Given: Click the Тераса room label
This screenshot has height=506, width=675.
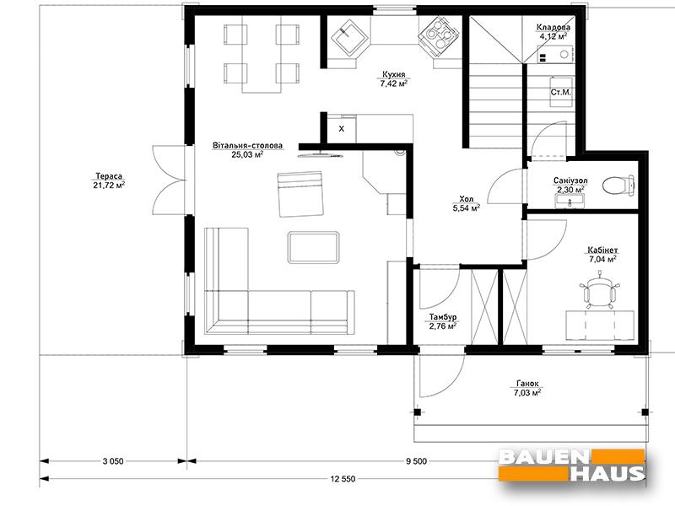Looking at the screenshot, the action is pyautogui.click(x=109, y=176).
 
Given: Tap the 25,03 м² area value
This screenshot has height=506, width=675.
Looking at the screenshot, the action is pyautogui.click(x=247, y=154).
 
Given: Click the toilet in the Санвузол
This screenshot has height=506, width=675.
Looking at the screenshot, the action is pyautogui.click(x=618, y=186).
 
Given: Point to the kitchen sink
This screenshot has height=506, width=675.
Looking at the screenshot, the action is pyautogui.click(x=349, y=36).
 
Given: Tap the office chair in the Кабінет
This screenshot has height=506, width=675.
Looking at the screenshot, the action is pyautogui.click(x=600, y=291).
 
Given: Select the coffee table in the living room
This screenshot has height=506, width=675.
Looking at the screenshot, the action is pyautogui.click(x=313, y=247).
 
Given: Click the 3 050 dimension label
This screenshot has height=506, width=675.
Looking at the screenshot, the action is pyautogui.click(x=113, y=461).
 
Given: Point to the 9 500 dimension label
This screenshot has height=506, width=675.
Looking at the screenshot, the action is pyautogui.click(x=416, y=461).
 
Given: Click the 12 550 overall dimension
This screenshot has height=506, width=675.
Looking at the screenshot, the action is pyautogui.click(x=343, y=478).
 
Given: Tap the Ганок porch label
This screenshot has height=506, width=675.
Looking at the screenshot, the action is pyautogui.click(x=527, y=384).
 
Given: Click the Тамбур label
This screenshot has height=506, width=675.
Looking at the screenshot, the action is pyautogui.click(x=442, y=317).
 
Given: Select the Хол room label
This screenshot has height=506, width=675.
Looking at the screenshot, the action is pyautogui.click(x=467, y=199).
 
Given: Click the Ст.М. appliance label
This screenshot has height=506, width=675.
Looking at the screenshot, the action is pyautogui.click(x=560, y=92).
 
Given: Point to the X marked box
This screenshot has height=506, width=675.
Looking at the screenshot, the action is pyautogui.click(x=342, y=128).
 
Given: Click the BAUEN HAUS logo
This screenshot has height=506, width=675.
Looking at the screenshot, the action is pyautogui.click(x=572, y=466).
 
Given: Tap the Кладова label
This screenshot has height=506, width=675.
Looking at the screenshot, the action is pyautogui.click(x=553, y=28).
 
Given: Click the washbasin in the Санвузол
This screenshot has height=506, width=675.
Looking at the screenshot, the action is pyautogui.click(x=570, y=201).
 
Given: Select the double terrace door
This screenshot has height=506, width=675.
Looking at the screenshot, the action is pyautogui.click(x=170, y=179).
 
